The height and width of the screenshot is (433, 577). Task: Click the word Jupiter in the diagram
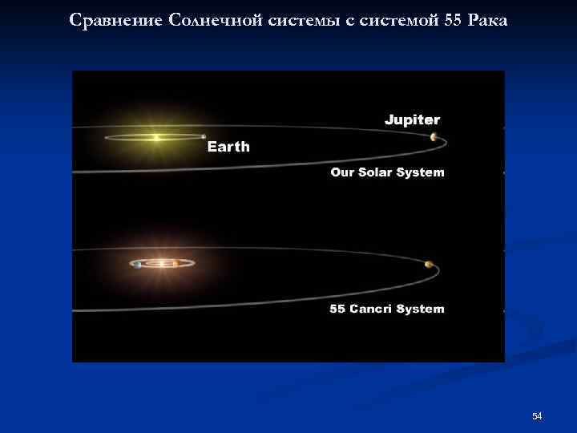pyautogui.click(x=412, y=120)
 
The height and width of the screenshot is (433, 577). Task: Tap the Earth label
pyautogui.click(x=228, y=147)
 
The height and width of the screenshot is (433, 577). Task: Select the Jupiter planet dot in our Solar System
pyautogui.click(x=434, y=137)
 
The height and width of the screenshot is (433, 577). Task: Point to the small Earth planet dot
pyautogui.click(x=204, y=137)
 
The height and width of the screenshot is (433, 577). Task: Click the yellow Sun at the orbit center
pyautogui.click(x=156, y=138)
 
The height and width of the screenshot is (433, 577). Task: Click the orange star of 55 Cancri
pyautogui.click(x=163, y=264)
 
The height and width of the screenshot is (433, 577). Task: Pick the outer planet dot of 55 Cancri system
pyautogui.click(x=430, y=265)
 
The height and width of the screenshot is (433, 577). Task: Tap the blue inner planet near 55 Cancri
pyautogui.click(x=139, y=265)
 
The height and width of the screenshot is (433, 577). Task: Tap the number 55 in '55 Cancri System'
pyautogui.click(x=337, y=310)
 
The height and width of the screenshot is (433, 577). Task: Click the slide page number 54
pyautogui.click(x=537, y=415)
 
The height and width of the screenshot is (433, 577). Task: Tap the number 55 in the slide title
pyautogui.click(x=452, y=19)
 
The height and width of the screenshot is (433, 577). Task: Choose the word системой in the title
pyautogui.click(x=397, y=19)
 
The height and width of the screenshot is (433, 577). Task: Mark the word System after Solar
pyautogui.click(x=420, y=172)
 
